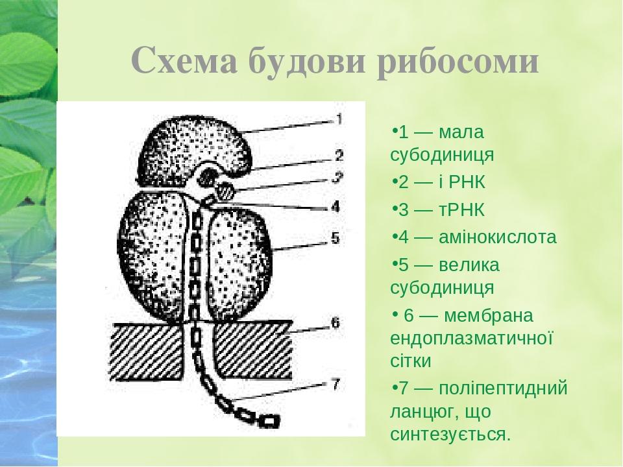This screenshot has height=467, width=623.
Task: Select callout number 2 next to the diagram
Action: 339,156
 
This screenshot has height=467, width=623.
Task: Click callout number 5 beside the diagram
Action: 335,238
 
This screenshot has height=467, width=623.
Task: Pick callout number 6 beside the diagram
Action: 335,322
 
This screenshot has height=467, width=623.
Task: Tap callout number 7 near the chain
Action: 335,384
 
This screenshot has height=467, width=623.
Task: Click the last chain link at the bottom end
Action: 271,420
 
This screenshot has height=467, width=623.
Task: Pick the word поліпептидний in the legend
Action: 503,389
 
